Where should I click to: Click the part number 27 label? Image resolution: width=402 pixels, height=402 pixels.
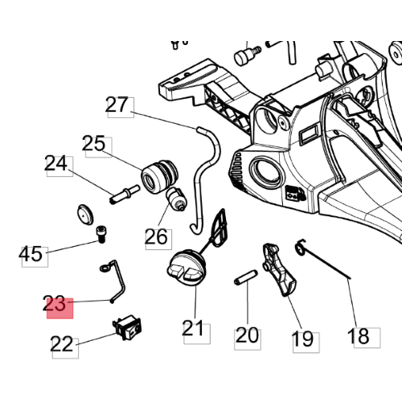click(117, 105)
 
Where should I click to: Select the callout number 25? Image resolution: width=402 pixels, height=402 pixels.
click(93, 144)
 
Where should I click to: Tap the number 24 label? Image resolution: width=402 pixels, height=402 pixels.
click(55, 163)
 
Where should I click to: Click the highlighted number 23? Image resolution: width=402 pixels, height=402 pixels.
click(55, 303)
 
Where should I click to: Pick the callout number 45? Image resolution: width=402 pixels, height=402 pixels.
click(31, 254)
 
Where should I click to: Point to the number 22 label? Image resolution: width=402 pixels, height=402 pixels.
click(61, 344)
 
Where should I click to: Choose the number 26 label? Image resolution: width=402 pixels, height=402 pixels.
click(156, 236)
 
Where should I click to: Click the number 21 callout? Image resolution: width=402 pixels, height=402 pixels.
click(193, 328)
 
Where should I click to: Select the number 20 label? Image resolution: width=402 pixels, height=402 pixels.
click(247, 335)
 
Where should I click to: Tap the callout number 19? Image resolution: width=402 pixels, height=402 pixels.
click(303, 339)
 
